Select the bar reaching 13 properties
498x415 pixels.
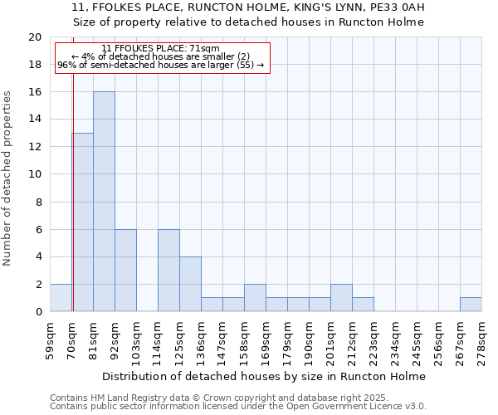(82, 222)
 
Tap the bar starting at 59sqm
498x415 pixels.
(61, 297)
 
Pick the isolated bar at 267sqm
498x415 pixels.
(471, 305)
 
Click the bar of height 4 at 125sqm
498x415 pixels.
(190, 284)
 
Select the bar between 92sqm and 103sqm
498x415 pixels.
(125, 271)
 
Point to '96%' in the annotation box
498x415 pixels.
(66, 65)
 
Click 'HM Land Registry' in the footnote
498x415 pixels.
(124, 398)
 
